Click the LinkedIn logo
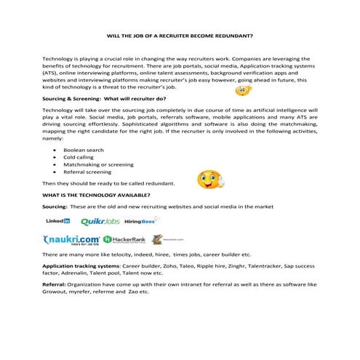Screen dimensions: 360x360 point(57,220)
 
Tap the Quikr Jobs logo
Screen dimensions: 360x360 point(100,220)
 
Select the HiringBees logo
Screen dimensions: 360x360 point(142,220)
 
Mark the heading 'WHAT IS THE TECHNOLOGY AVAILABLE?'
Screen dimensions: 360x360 point(97,196)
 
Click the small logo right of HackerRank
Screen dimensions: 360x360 point(164,239)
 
